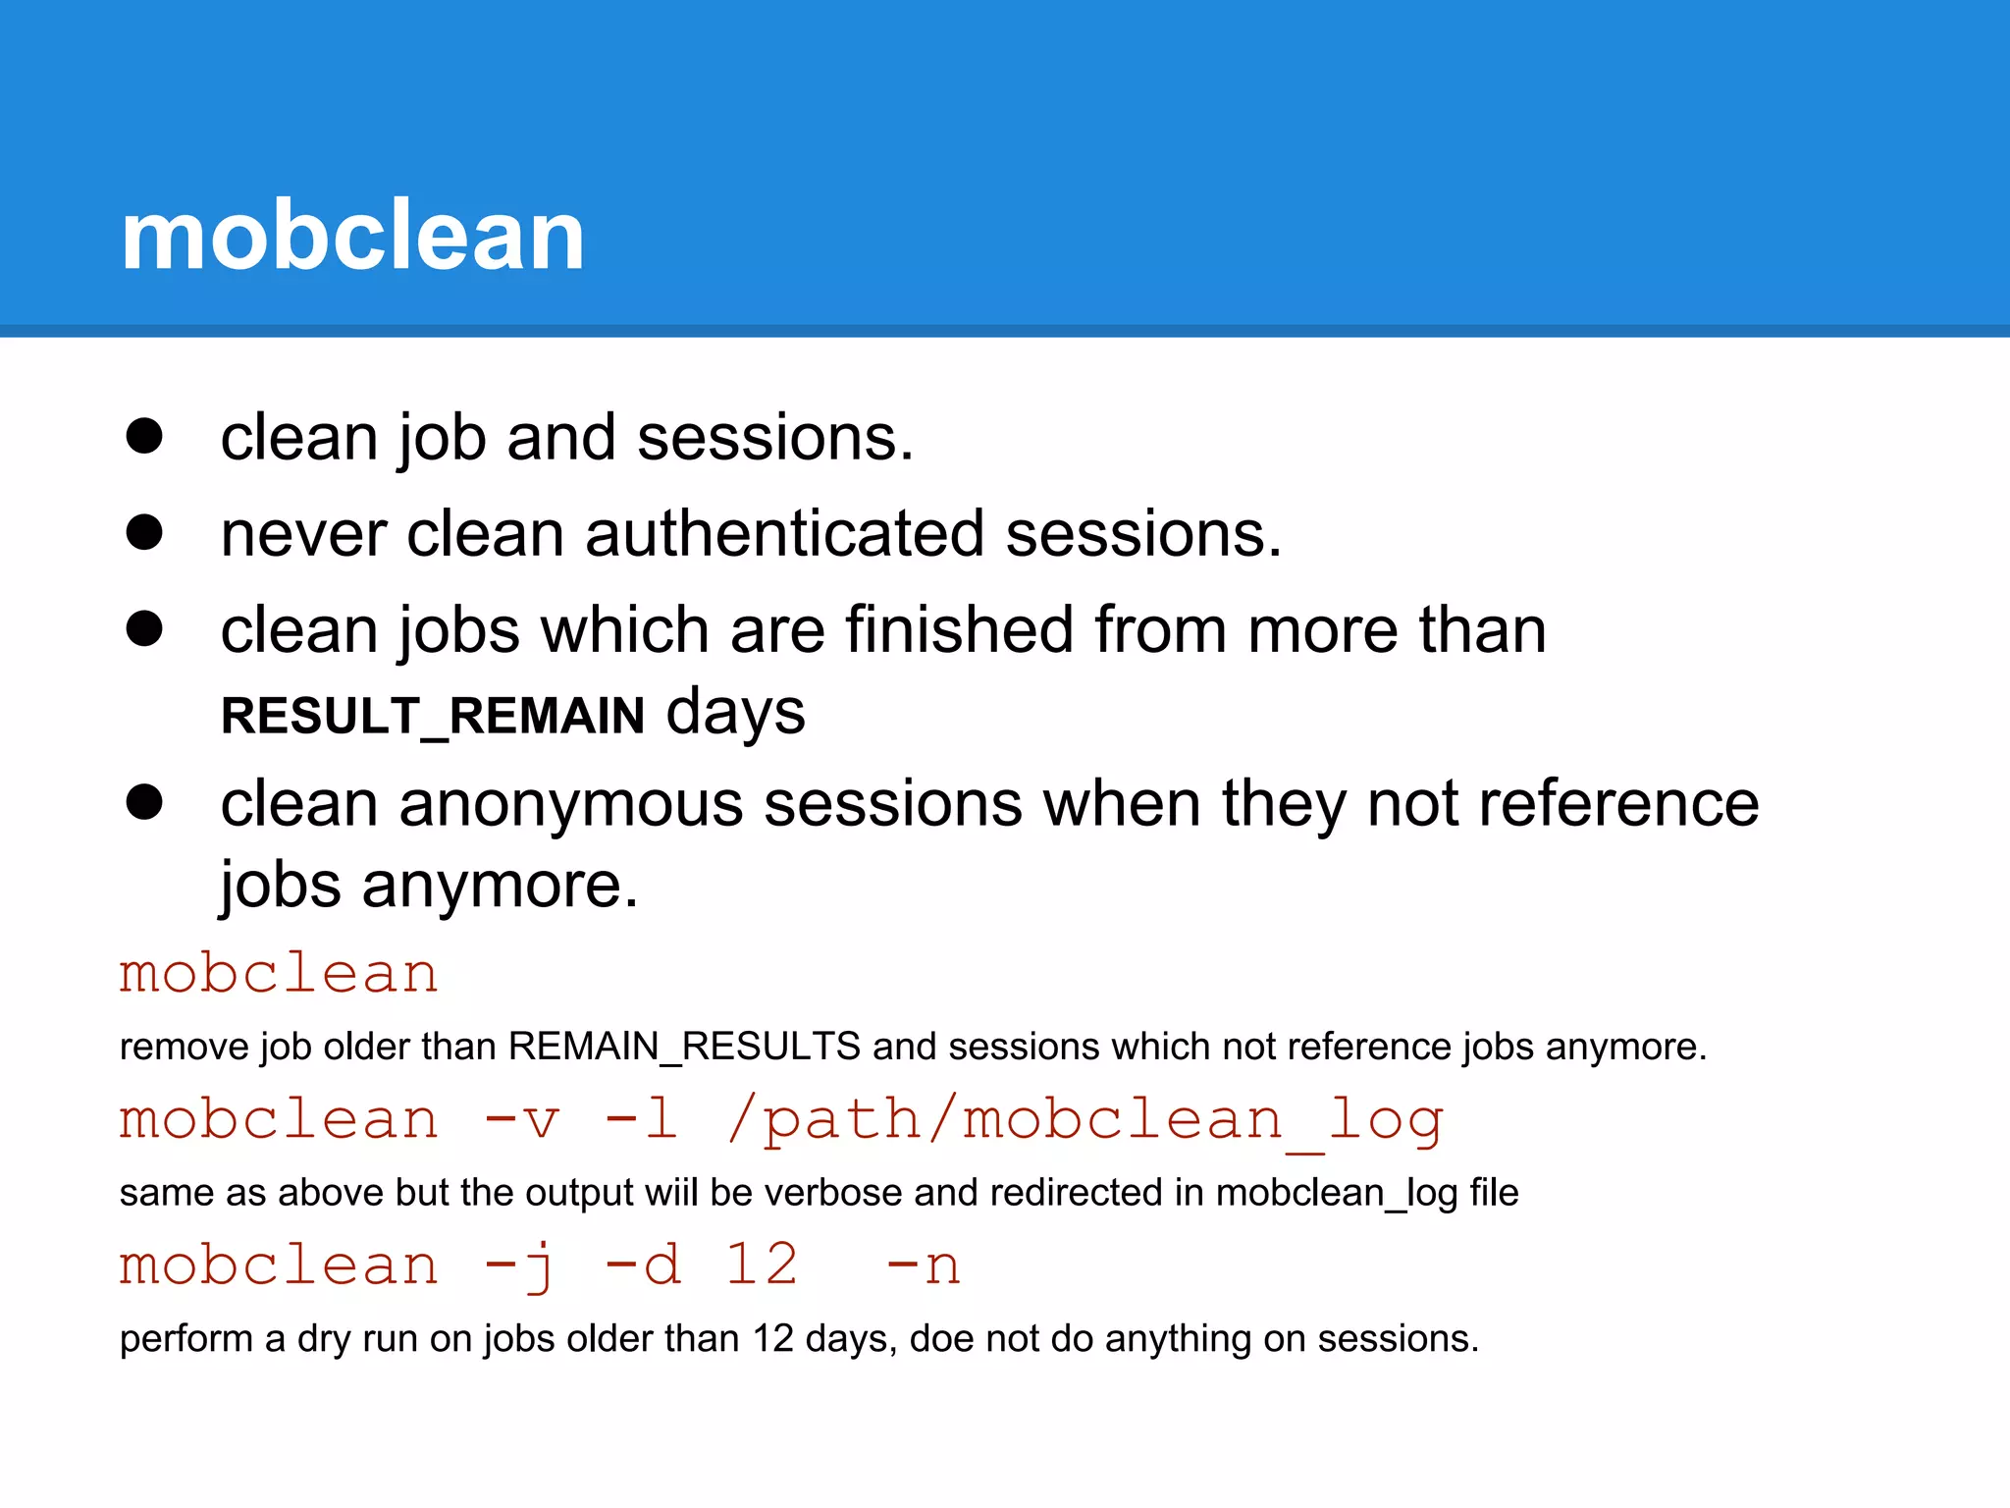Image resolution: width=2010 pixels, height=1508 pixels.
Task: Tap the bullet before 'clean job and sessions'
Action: tap(144, 436)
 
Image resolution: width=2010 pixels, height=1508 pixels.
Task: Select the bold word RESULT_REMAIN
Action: tap(433, 715)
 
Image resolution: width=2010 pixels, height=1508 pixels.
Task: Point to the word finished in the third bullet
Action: tap(959, 629)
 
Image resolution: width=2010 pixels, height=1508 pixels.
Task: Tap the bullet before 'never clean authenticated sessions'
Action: tap(144, 532)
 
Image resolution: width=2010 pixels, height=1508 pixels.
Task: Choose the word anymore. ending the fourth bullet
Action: tap(500, 885)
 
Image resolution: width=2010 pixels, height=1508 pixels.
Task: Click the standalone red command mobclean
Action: tap(279, 974)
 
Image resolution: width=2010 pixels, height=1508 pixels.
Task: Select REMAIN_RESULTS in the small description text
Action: tap(684, 1047)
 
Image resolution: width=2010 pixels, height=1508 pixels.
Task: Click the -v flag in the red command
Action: tap(522, 1120)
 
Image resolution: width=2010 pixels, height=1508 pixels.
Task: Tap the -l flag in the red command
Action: tap(642, 1120)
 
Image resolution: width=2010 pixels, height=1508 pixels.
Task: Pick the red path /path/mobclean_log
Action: tap(1084, 1120)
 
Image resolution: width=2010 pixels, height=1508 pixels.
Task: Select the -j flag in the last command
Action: tap(520, 1266)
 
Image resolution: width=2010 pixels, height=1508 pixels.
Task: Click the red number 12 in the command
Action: tap(762, 1265)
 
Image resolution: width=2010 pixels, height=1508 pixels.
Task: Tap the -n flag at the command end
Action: tap(923, 1266)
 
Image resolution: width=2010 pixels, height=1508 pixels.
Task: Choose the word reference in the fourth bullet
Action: tap(1618, 804)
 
